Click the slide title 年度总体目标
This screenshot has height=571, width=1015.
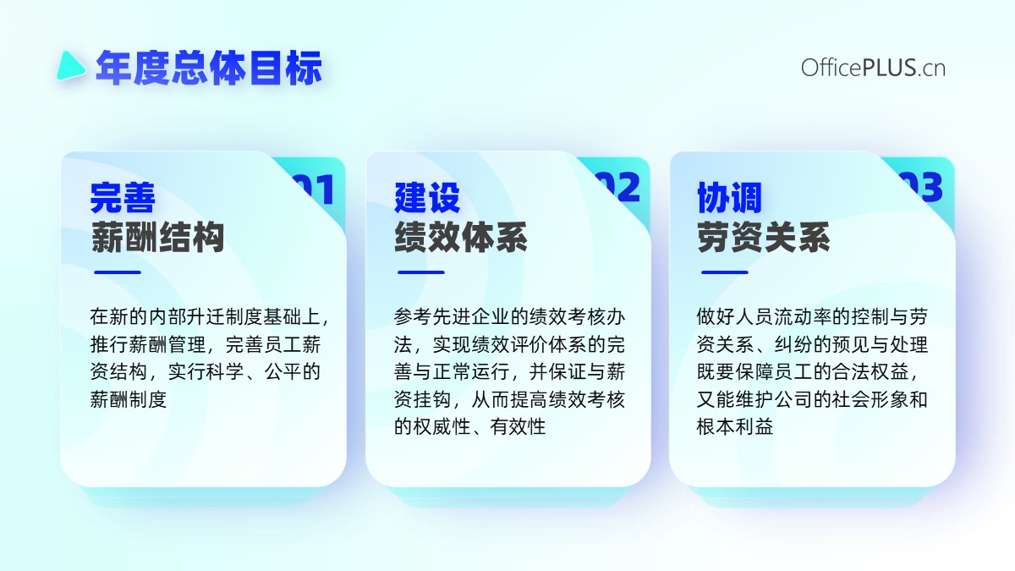209,68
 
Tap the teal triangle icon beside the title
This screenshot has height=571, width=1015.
70,66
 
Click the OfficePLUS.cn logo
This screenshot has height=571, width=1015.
873,68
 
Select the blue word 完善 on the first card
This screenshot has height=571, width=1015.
123,198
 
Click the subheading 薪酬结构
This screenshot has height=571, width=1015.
157,237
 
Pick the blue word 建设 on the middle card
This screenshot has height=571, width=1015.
427,198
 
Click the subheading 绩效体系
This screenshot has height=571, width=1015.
461,237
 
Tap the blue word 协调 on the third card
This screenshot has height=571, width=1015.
729,198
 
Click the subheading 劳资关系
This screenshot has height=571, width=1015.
764,237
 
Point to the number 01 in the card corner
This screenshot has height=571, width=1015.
317,189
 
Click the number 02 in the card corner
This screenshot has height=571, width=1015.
622,187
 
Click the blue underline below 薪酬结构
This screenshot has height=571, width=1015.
118,272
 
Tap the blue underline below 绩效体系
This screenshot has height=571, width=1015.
421,272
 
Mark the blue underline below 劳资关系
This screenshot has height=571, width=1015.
725,272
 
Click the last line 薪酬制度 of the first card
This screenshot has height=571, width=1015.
129,399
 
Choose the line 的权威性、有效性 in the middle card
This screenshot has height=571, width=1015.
470,426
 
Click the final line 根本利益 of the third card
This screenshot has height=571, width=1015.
735,426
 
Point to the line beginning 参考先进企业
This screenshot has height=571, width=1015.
509,316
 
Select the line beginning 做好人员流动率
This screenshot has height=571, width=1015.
812,316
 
